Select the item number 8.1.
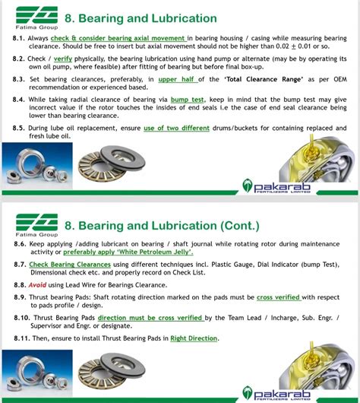click(x=20, y=38)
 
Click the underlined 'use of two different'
click(x=177, y=129)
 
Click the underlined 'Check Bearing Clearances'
click(x=71, y=265)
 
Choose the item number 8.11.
click(x=21, y=338)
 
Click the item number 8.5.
click(x=20, y=129)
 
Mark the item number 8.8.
click(x=20, y=284)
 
